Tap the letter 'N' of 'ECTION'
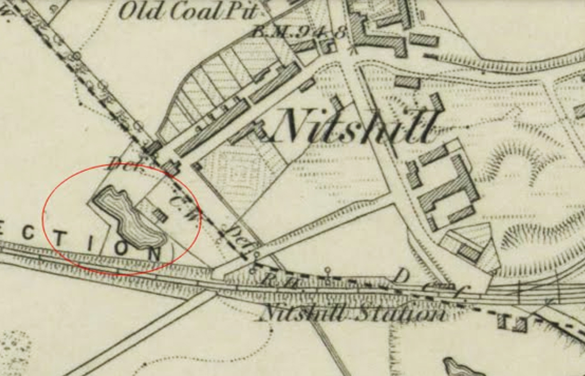pyautogui.click(x=154, y=252)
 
